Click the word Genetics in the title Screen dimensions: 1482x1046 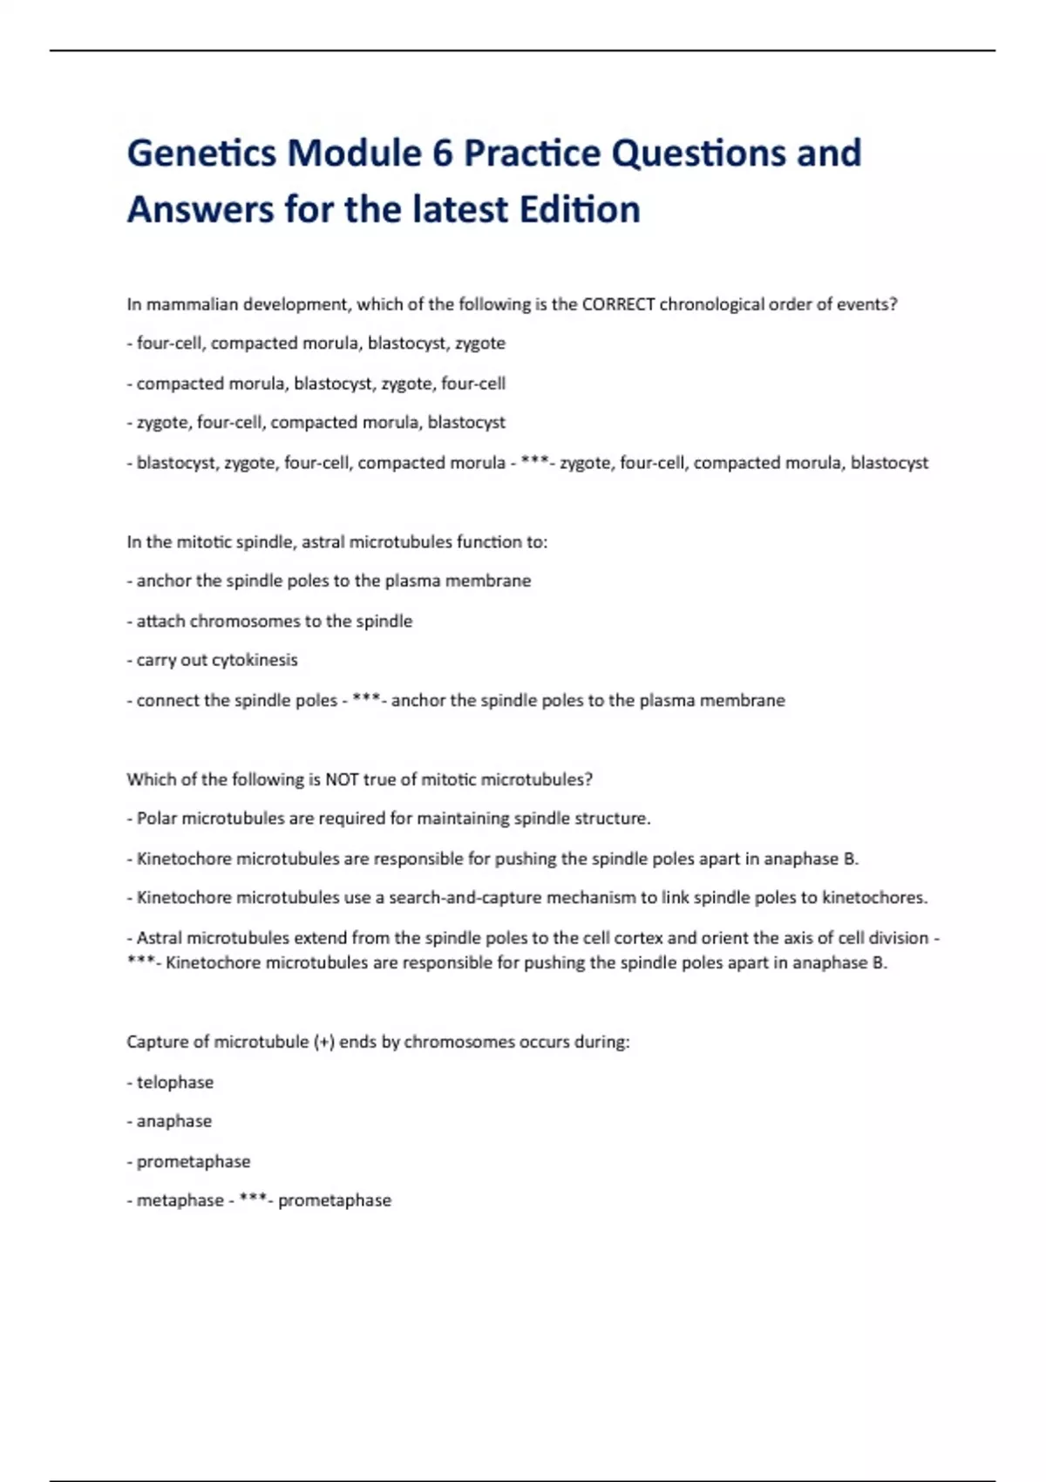pos(201,153)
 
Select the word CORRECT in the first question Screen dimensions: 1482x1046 pos(618,304)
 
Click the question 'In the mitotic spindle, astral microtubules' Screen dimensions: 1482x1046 pos(336,542)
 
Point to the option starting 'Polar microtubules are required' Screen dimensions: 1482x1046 pos(393,819)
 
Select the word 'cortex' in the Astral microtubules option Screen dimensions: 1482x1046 pos(638,938)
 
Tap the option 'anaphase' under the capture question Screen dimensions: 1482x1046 pos(173,1121)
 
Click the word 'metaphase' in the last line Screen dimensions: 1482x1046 pos(180,1200)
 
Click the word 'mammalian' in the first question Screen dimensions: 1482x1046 pos(192,304)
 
